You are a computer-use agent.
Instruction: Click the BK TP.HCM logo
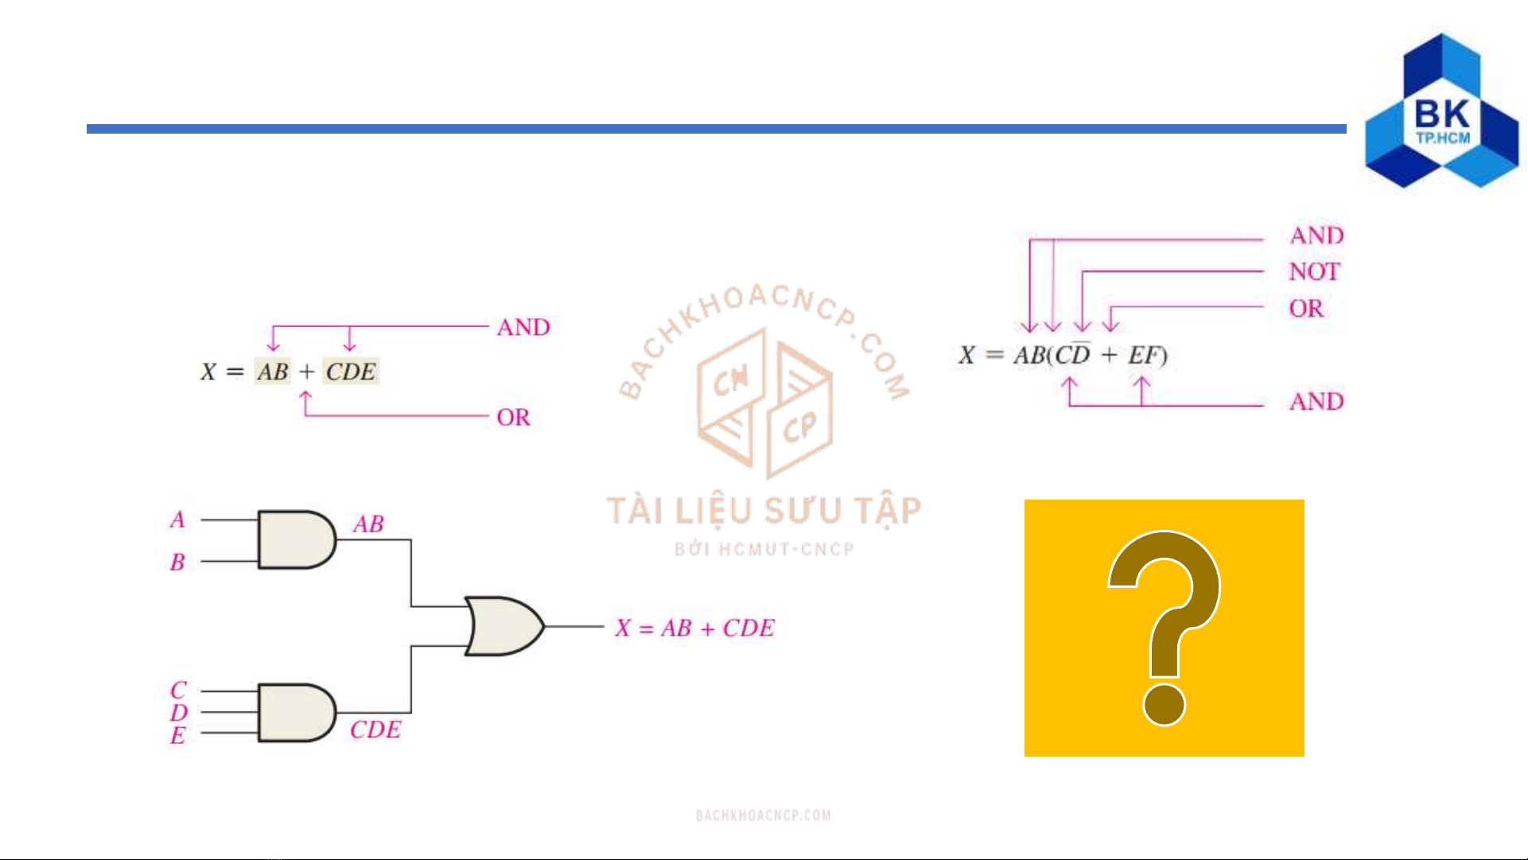1441,112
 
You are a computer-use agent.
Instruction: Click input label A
177,520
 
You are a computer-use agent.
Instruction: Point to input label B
177,562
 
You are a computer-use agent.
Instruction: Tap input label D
178,712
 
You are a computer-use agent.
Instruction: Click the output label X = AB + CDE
694,628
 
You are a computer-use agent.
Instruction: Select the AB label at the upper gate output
368,524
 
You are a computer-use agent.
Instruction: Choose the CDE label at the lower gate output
375,730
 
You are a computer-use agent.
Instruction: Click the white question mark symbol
1164,628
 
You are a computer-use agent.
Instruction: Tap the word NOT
1314,272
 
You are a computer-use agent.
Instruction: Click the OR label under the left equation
513,417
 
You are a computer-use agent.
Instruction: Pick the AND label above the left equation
523,327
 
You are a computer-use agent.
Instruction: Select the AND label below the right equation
1316,401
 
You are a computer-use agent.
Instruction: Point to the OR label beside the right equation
1306,308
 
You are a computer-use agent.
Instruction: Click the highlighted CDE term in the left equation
351,372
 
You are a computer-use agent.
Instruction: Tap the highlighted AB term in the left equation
273,372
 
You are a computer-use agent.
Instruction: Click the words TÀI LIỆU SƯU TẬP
764,511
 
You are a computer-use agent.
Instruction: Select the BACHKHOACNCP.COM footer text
764,815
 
